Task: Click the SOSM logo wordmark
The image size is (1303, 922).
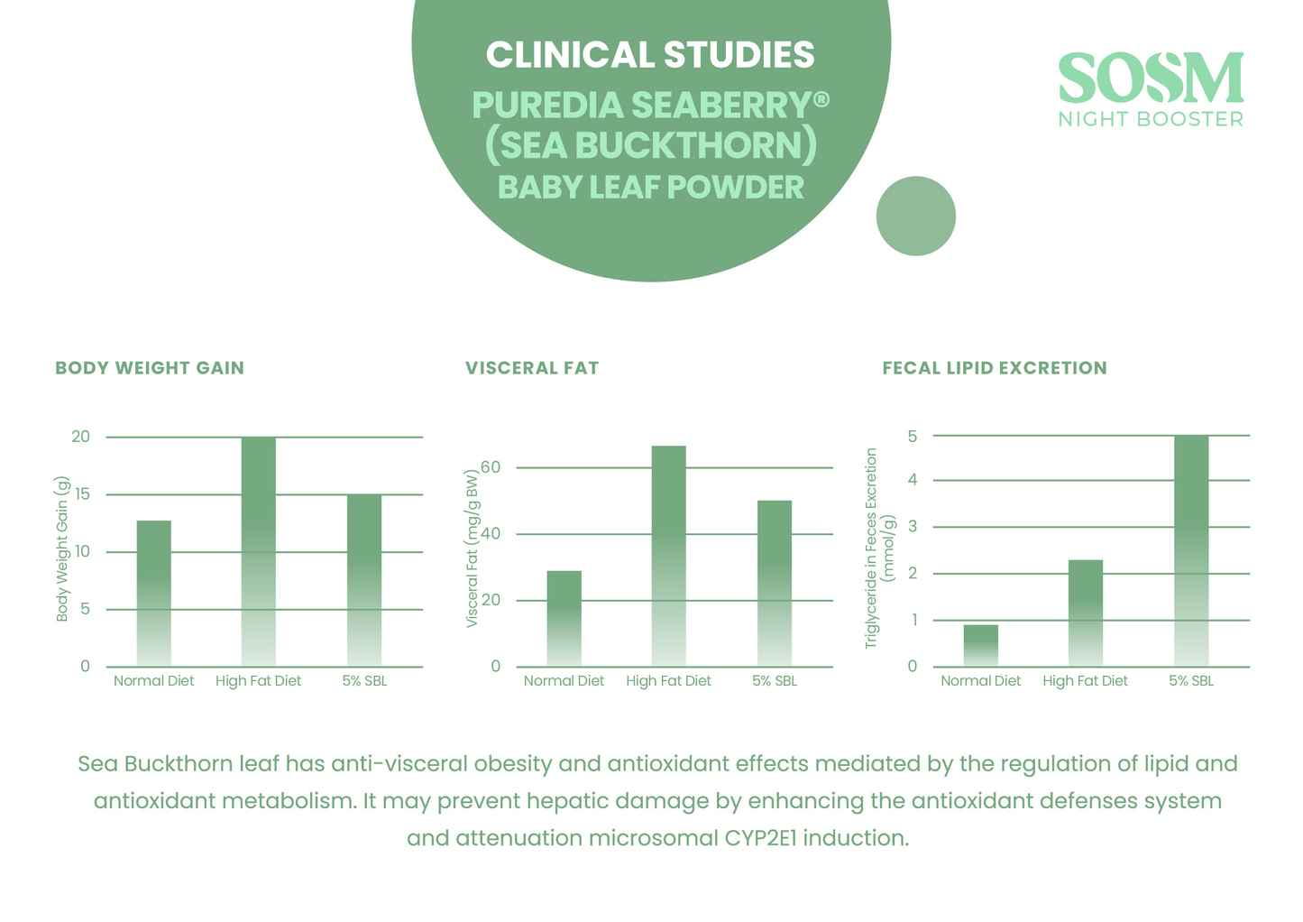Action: click(x=1151, y=78)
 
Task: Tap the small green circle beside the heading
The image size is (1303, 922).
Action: click(x=915, y=217)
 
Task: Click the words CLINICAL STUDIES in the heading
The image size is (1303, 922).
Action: click(x=650, y=55)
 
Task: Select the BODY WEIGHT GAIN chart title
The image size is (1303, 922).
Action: click(x=150, y=368)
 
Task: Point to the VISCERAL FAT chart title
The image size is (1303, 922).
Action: click(x=532, y=368)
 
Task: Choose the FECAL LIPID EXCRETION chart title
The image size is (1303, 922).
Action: click(x=994, y=368)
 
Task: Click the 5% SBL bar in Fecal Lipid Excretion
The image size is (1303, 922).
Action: click(x=1191, y=551)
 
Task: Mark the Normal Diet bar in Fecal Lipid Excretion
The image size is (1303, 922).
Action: click(x=981, y=646)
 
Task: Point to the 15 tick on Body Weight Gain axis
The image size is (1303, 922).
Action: click(x=83, y=494)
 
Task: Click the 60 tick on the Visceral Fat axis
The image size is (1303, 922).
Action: click(x=490, y=467)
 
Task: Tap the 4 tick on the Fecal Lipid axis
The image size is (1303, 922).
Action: click(x=913, y=480)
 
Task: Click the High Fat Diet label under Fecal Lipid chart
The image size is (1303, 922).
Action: click(x=1085, y=681)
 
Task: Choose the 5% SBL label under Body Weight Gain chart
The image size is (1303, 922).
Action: click(x=364, y=681)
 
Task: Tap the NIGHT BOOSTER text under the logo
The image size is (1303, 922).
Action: click(x=1151, y=119)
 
